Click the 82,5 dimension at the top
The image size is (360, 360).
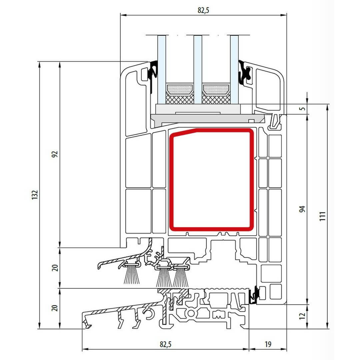pos(203,10)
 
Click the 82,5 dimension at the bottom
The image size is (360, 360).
pos(166,344)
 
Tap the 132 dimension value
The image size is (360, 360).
pos(34,195)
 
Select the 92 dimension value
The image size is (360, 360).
pos(55,154)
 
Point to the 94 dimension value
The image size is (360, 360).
pos(302,209)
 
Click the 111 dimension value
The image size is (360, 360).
pos(323,216)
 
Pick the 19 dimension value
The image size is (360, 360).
pos(268,344)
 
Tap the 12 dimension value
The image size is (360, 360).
pos(302,316)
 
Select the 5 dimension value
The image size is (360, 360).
pos(303,108)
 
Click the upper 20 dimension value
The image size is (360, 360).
pos(55,268)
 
